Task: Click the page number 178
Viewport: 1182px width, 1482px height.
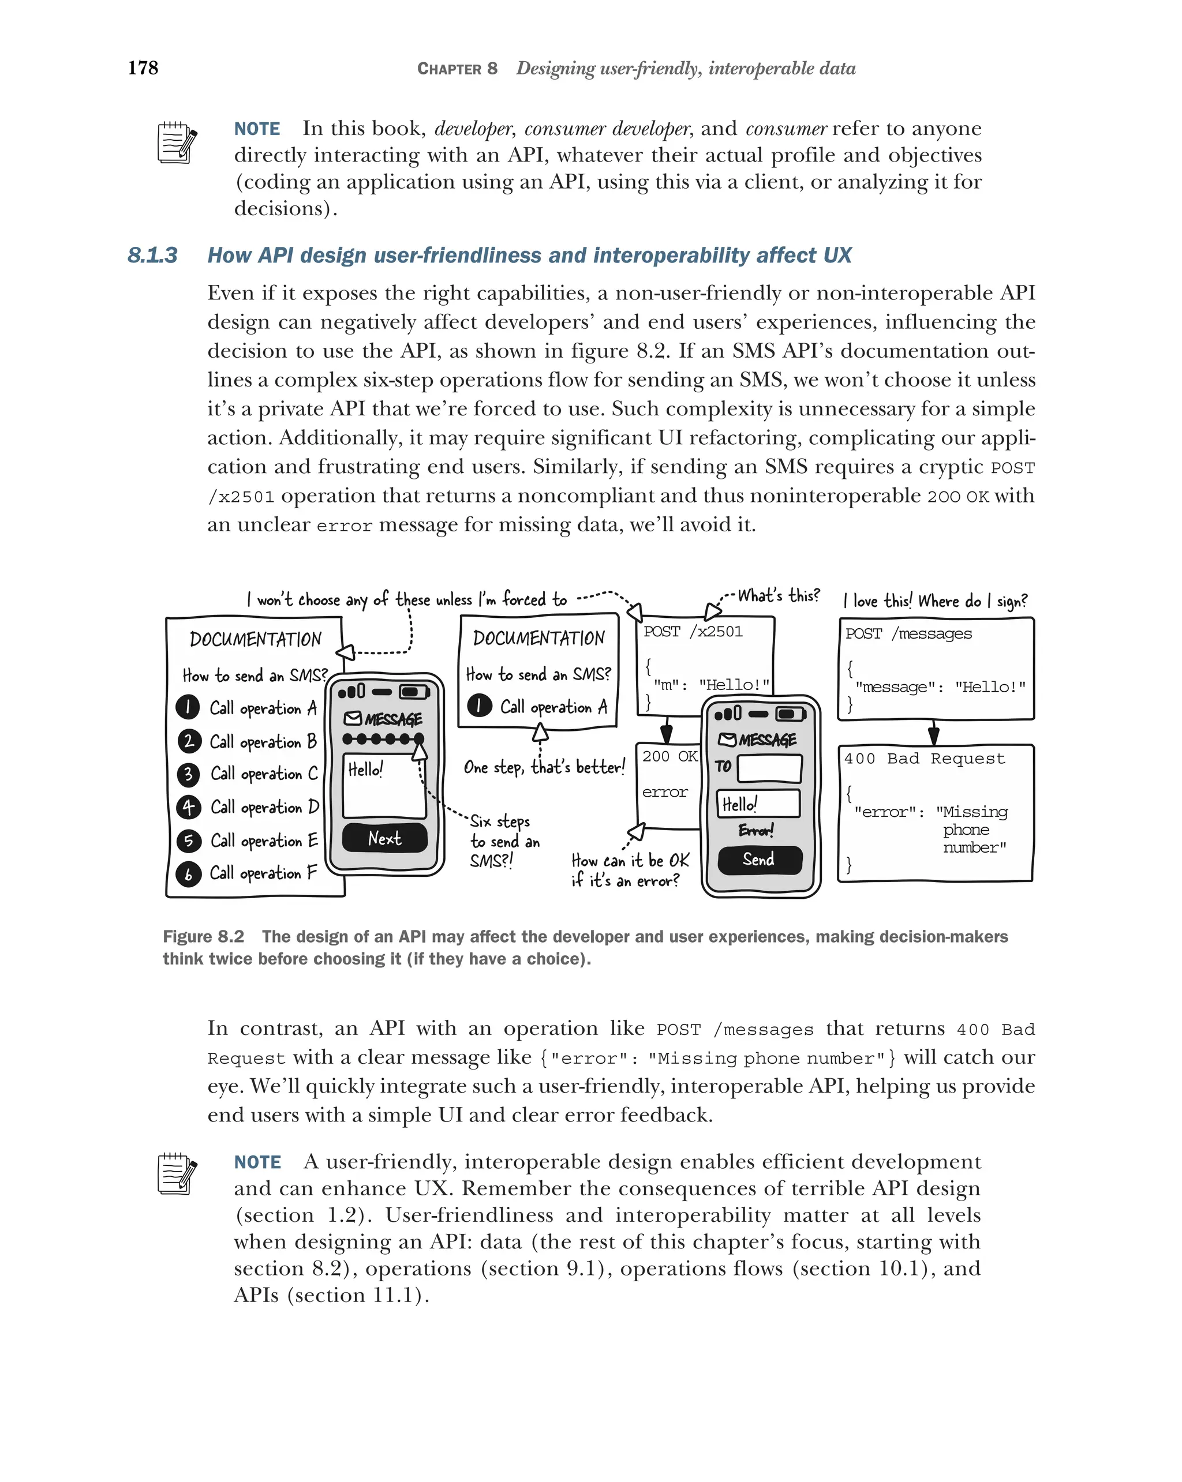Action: pyautogui.click(x=143, y=67)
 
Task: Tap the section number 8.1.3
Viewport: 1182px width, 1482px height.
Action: pyautogui.click(x=152, y=256)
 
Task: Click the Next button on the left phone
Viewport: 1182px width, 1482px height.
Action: pyautogui.click(x=385, y=838)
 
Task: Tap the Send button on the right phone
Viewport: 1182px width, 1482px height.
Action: pyautogui.click(x=759, y=859)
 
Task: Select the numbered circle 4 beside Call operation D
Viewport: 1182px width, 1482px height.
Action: pyautogui.click(x=188, y=807)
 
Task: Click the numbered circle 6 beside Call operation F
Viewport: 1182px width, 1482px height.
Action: pyautogui.click(x=188, y=873)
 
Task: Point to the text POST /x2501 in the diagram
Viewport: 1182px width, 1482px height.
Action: pyautogui.click(x=693, y=632)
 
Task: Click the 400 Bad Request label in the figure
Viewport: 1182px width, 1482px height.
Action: pyautogui.click(x=924, y=759)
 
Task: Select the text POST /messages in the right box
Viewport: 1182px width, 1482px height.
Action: pyautogui.click(x=908, y=634)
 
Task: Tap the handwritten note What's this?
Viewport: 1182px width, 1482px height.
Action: pyautogui.click(x=779, y=595)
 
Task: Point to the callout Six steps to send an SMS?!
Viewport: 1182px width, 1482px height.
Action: pyautogui.click(x=504, y=841)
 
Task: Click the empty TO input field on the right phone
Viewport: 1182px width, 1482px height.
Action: pyautogui.click(x=769, y=768)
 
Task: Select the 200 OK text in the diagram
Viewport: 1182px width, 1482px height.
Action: pyautogui.click(x=669, y=757)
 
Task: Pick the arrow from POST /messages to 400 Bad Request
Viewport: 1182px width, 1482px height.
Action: pyautogui.click(x=934, y=733)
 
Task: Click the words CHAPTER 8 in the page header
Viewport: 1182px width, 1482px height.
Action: pyautogui.click(x=457, y=69)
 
